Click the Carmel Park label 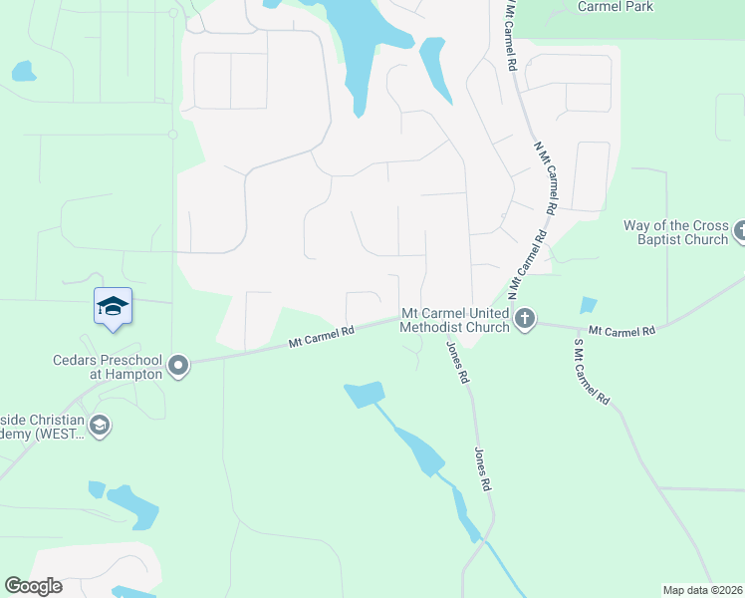coord(616,6)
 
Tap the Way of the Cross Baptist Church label coord(676,232)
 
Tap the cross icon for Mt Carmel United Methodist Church coord(525,320)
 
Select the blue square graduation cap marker coord(113,306)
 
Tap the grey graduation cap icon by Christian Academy coord(99,427)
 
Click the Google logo coord(33,586)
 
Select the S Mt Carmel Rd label coord(591,371)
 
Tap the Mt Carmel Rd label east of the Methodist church coord(621,330)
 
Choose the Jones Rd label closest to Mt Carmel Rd coord(457,363)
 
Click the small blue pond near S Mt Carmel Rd coord(588,306)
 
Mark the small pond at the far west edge coord(23,71)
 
